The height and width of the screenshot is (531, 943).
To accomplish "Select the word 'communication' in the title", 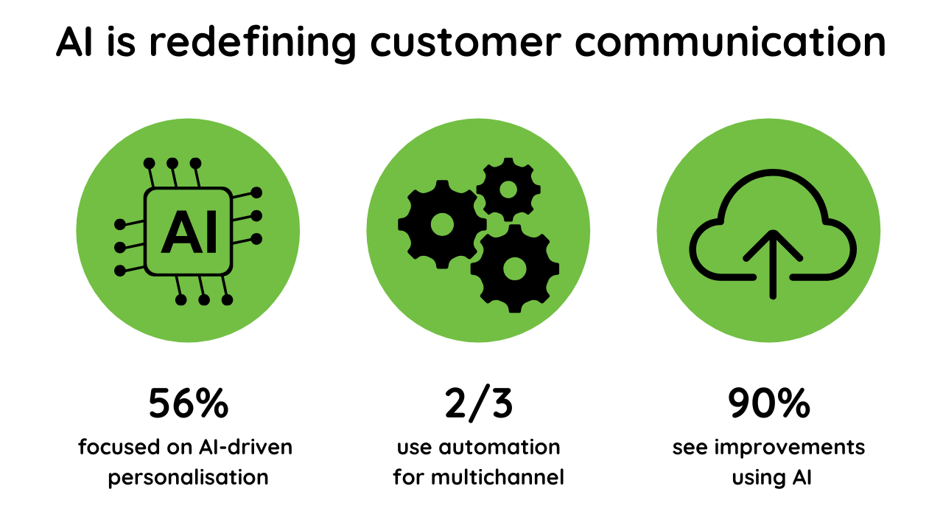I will point(730,43).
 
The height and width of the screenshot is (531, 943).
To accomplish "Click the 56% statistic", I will point(189,403).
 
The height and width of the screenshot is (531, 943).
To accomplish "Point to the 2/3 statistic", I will point(478,403).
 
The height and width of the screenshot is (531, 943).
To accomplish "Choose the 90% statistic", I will point(768,403).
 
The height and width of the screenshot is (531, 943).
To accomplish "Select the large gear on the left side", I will point(441,223).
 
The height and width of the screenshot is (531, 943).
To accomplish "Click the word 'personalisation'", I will point(189,477).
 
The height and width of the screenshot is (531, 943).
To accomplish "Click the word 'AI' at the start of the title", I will point(78,43).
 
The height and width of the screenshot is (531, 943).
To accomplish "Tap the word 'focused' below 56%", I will point(111,448).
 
